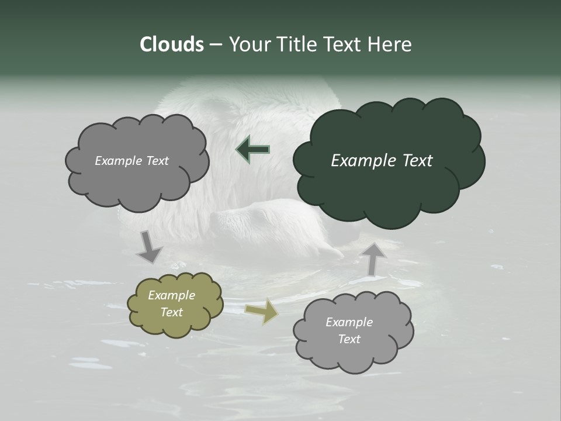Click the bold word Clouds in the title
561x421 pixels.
click(171, 44)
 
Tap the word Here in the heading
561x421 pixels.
click(391, 44)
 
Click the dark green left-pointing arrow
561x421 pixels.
click(252, 150)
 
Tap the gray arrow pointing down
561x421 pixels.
click(148, 247)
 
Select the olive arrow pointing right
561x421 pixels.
click(261, 312)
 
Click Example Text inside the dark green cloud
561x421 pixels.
click(382, 161)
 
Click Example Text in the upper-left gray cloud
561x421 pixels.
click(131, 161)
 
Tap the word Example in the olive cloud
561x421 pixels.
click(171, 295)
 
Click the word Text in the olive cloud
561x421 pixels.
click(171, 312)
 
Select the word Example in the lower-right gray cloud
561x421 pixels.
click(349, 322)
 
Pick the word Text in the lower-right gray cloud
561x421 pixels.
click(349, 339)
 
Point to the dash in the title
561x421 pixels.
click(215, 45)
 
